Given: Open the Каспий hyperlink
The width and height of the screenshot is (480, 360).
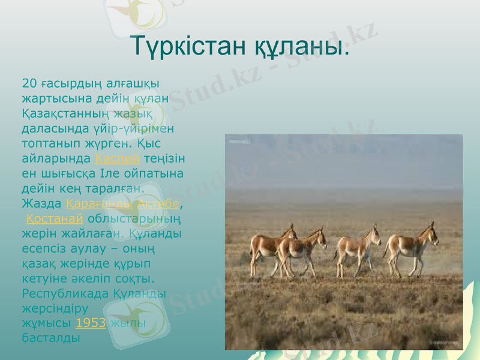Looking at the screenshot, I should pyautogui.click(x=118, y=158).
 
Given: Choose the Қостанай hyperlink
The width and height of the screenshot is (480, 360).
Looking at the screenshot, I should pyautogui.click(x=55, y=217).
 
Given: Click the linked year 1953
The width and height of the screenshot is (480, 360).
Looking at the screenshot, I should pyautogui.click(x=91, y=322).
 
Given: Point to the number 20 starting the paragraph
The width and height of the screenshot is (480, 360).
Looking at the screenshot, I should pyautogui.click(x=28, y=83).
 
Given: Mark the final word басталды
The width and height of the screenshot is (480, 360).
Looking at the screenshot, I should pyautogui.click(x=51, y=337).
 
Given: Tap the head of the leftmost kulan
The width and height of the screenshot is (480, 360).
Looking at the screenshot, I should pyautogui.click(x=291, y=232).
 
